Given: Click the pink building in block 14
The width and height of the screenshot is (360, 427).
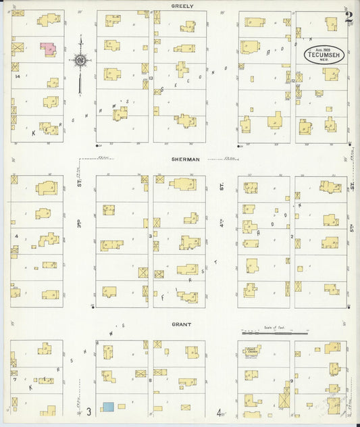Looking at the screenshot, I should click(x=47, y=49).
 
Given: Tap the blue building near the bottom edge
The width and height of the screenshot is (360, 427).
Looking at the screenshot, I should click(x=108, y=407).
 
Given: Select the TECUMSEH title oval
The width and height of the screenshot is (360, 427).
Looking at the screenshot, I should click(x=324, y=53).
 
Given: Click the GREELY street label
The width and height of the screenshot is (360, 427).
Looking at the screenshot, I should click(x=182, y=6).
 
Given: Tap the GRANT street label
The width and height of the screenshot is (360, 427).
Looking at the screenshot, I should click(x=181, y=324).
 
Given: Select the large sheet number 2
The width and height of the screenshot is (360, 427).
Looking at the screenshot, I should click(x=349, y=17).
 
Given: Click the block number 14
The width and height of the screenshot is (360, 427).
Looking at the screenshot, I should click(x=17, y=76).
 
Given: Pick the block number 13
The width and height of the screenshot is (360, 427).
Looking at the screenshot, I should click(x=151, y=78).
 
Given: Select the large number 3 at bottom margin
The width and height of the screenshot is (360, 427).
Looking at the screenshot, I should click(x=88, y=413).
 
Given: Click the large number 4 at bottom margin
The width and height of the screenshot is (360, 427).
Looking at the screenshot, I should click(x=220, y=413).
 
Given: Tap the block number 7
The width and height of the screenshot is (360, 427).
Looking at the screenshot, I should click(x=14, y=379).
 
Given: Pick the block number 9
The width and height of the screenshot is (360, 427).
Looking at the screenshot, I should click(x=292, y=380).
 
